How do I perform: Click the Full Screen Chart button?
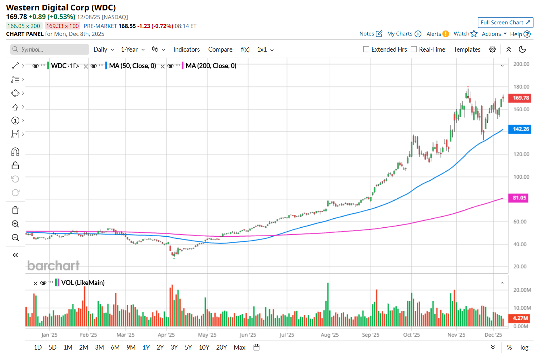pyautogui.click(x=505, y=23)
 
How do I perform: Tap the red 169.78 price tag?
pyautogui.click(x=520, y=98)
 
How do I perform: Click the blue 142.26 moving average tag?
pyautogui.click(x=520, y=129)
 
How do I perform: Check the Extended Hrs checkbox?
pyautogui.click(x=366, y=49)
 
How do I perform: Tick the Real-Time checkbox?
pyautogui.click(x=414, y=49)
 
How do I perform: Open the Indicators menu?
pyautogui.click(x=186, y=49)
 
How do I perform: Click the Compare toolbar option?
pyautogui.click(x=220, y=49)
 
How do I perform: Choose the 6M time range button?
pyautogui.click(x=115, y=347)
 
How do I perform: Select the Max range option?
pyautogui.click(x=239, y=347)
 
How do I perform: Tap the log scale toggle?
pyautogui.click(x=524, y=347)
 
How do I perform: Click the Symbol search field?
pyautogui.click(x=50, y=49)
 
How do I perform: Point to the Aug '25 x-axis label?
pyautogui.click(x=330, y=335)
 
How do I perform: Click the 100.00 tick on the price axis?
pyautogui.click(x=521, y=177)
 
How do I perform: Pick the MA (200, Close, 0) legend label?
pyautogui.click(x=211, y=66)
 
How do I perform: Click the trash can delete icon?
pyautogui.click(x=15, y=210)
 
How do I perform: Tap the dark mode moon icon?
pyautogui.click(x=522, y=49)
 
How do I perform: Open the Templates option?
pyautogui.click(x=467, y=49)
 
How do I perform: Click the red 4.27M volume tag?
pyautogui.click(x=520, y=318)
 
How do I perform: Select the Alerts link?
pyautogui.click(x=434, y=34)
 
